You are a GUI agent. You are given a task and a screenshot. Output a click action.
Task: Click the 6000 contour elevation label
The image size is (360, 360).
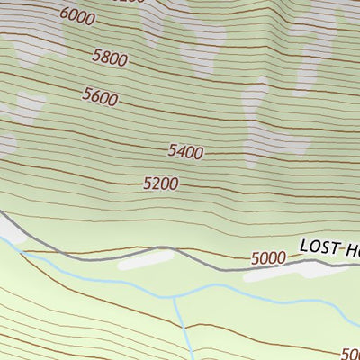[x=79, y=15]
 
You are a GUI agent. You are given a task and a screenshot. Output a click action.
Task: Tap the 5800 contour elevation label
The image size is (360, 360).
[x=110, y=59]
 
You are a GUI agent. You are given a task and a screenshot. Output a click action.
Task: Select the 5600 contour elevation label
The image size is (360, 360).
[x=100, y=96]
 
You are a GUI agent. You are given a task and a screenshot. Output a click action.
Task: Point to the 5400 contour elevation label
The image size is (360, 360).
[x=185, y=152]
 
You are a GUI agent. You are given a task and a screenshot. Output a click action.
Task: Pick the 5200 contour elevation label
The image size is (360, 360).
[x=160, y=184]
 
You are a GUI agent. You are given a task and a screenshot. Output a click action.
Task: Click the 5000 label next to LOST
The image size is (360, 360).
[x=268, y=258]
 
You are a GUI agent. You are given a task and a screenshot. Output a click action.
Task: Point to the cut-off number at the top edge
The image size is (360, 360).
[x=130, y=2]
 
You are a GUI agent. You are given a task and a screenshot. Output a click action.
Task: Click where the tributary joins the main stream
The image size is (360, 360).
[x=174, y=298]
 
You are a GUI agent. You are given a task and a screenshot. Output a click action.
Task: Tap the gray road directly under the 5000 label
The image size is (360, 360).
[x=268, y=267]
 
